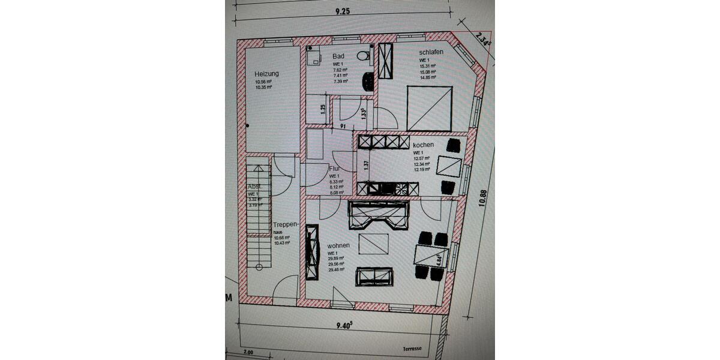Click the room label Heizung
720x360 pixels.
[x=266, y=74]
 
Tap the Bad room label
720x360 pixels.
[x=338, y=56]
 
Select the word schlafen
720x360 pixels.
[x=431, y=52]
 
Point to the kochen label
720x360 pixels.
[x=423, y=145]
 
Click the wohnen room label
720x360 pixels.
[x=338, y=246]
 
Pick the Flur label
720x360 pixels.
[x=335, y=169]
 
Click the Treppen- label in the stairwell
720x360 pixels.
[x=285, y=224]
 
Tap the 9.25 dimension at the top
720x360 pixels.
[x=342, y=10]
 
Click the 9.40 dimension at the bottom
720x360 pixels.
[x=343, y=325]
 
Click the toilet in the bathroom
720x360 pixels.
[x=362, y=56]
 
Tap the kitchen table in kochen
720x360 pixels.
[x=449, y=166]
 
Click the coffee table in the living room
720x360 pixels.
[x=373, y=244]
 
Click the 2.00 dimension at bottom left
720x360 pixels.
[x=249, y=353]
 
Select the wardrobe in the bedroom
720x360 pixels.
[x=385, y=61]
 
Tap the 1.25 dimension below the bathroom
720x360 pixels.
[x=323, y=109]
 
